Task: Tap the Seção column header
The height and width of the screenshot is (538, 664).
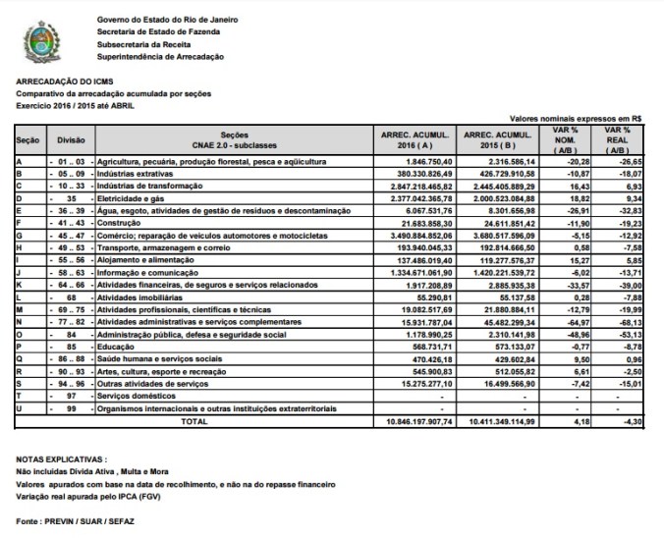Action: [28, 139]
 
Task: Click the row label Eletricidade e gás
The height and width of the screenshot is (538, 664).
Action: [138, 197]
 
